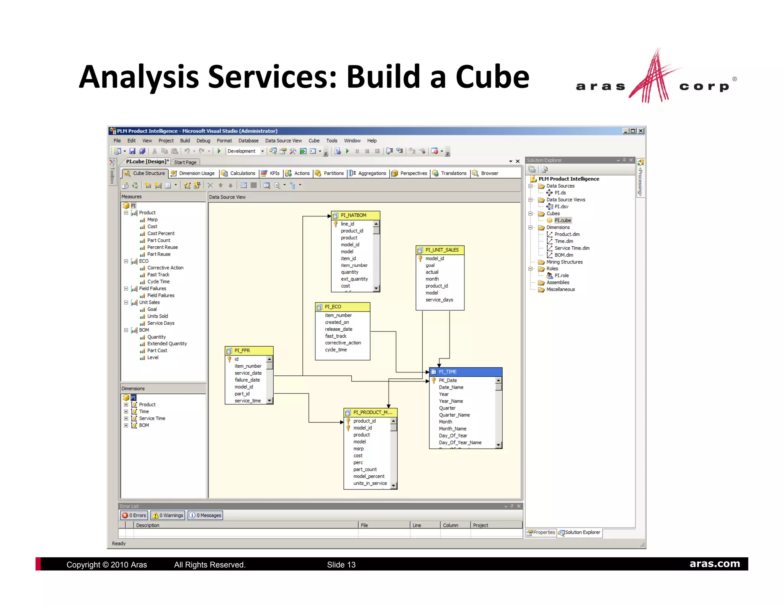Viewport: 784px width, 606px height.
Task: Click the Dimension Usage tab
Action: point(196,173)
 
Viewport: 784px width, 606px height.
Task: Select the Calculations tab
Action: point(242,173)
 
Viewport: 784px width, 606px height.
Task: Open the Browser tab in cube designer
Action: point(489,173)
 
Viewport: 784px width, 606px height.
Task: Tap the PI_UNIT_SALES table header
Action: point(442,250)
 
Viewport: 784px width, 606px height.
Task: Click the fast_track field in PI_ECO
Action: point(335,336)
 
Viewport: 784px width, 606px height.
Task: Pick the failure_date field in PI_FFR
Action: point(247,380)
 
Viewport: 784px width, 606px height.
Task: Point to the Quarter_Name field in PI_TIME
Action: point(454,415)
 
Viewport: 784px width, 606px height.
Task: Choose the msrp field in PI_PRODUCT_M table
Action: point(358,449)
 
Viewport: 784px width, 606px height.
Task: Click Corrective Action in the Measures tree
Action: point(165,268)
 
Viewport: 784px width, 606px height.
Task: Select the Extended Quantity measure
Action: point(167,344)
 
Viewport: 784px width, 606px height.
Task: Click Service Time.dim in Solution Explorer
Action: point(572,248)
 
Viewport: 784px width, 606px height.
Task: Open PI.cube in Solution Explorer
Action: point(562,220)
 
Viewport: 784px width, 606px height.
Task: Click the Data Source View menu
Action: point(283,141)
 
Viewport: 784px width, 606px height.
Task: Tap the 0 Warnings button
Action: point(168,515)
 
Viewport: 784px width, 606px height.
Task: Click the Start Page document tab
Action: point(185,162)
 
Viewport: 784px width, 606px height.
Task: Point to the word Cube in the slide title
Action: point(492,77)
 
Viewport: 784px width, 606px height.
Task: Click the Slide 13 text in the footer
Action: point(341,565)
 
